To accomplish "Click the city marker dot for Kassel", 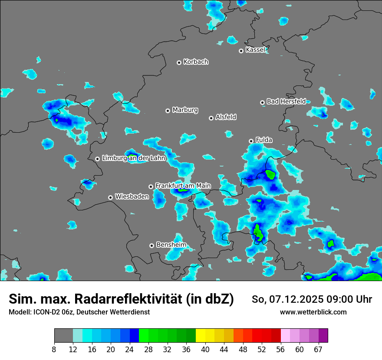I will click(x=241, y=51).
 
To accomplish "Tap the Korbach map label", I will click(x=196, y=62).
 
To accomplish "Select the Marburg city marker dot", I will click(x=168, y=111).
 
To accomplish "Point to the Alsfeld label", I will click(x=226, y=117).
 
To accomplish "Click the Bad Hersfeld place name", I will click(x=286, y=101).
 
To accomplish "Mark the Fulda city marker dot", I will click(x=251, y=141).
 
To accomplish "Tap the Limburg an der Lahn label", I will click(x=134, y=158).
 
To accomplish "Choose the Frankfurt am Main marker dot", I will click(x=151, y=187).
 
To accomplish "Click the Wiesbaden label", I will click(x=132, y=196).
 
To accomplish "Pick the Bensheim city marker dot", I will click(x=151, y=245).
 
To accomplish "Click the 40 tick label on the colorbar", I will click(x=205, y=350).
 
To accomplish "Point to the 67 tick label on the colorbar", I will click(x=319, y=350).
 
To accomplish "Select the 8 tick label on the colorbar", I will click(x=54, y=350).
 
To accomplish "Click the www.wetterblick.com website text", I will click(x=313, y=312).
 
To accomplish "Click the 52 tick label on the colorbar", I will click(x=262, y=350).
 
